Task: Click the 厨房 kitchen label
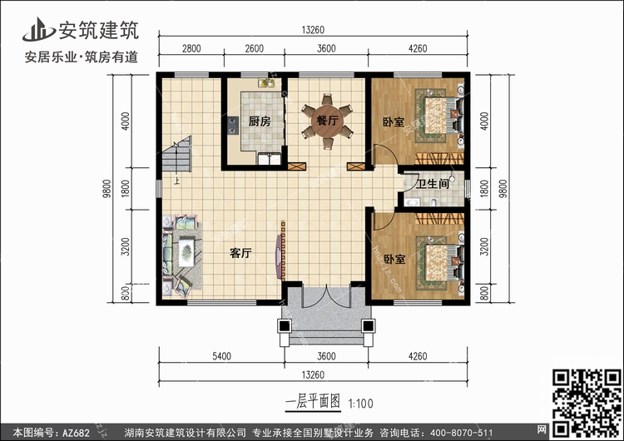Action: pos(260,121)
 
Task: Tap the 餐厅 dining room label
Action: pos(327,120)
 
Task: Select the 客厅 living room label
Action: pos(240,253)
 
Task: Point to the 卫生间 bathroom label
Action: pos(433,184)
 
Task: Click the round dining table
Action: pos(327,121)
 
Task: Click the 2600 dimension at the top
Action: pos(255,48)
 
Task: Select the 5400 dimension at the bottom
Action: pos(221,356)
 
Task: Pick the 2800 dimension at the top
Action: pos(191,48)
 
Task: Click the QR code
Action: pos(587,403)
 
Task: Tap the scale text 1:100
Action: pos(360,404)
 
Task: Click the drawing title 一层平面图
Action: pos(313,402)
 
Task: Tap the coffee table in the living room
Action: pos(186,252)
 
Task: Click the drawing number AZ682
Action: pos(76,433)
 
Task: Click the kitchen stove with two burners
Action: pos(233,125)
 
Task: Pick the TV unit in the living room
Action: pos(281,250)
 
